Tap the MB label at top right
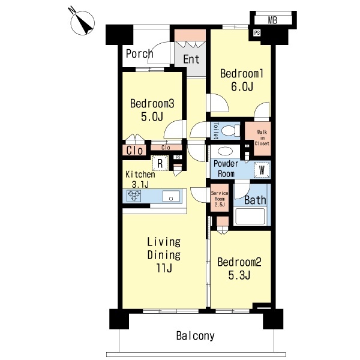[x=272, y=20]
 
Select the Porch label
[x=139, y=54]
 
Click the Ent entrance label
[x=191, y=59]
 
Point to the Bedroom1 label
[x=242, y=73]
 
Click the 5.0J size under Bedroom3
[x=152, y=116]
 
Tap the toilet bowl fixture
[x=229, y=131]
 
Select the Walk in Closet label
[x=262, y=138]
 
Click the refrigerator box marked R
[x=160, y=163]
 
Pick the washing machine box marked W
[x=262, y=170]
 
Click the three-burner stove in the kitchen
[x=133, y=196]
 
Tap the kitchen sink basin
[x=171, y=196]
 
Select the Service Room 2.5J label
[x=220, y=199]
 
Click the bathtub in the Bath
[x=250, y=216]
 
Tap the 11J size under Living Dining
[x=164, y=268]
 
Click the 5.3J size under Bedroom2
[x=239, y=275]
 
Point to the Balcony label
[x=196, y=335]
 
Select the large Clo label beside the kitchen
[x=134, y=151]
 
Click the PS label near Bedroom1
[x=257, y=33]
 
